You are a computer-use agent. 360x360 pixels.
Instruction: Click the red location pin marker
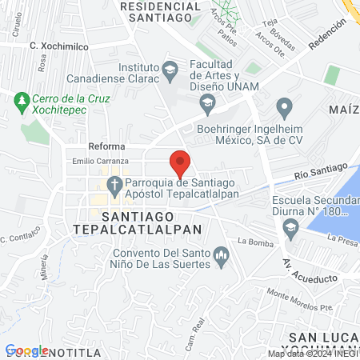180,162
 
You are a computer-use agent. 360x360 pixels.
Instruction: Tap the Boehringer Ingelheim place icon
283,106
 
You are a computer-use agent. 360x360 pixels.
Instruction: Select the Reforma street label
106,146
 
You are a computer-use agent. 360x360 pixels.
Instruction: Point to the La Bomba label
250,240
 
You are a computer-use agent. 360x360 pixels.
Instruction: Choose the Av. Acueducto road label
295,267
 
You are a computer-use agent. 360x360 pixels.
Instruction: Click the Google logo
26,350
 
